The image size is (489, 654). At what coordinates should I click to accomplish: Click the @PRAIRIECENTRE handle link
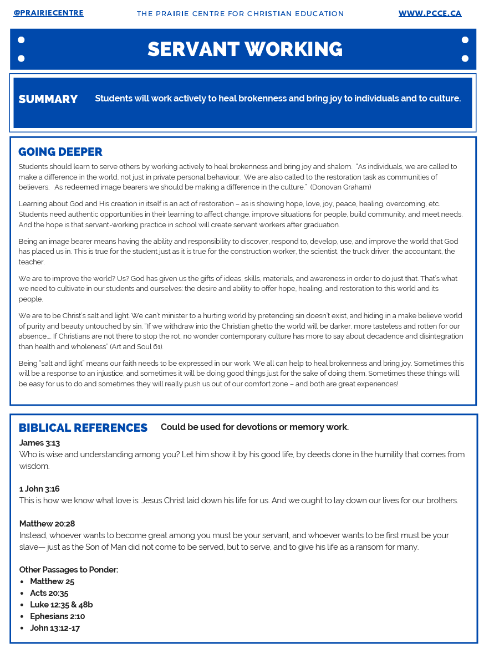click(x=48, y=13)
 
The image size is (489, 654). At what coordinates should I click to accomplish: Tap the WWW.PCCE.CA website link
click(x=430, y=13)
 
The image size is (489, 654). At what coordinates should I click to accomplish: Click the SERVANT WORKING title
click(x=244, y=49)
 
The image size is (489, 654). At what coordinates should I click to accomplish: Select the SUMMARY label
click(x=48, y=99)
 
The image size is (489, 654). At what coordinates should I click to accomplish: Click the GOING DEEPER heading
click(x=60, y=152)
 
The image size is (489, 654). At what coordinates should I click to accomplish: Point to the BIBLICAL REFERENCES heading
click(x=83, y=428)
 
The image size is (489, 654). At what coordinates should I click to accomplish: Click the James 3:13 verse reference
click(x=39, y=443)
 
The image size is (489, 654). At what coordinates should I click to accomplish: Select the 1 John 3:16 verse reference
click(x=39, y=489)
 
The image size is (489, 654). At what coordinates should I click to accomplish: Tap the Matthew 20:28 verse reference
click(x=47, y=524)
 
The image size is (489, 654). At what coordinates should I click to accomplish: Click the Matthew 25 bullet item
click(x=52, y=581)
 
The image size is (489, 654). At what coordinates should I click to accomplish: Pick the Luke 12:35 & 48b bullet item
click(x=62, y=605)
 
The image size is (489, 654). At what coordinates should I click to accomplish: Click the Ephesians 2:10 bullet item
click(x=58, y=616)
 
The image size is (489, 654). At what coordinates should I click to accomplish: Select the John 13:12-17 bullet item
click(x=55, y=628)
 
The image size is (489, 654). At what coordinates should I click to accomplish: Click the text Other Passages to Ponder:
click(x=69, y=570)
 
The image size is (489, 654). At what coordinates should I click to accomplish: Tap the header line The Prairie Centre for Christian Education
click(x=240, y=13)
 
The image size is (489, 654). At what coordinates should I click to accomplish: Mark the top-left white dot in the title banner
click(x=21, y=40)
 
